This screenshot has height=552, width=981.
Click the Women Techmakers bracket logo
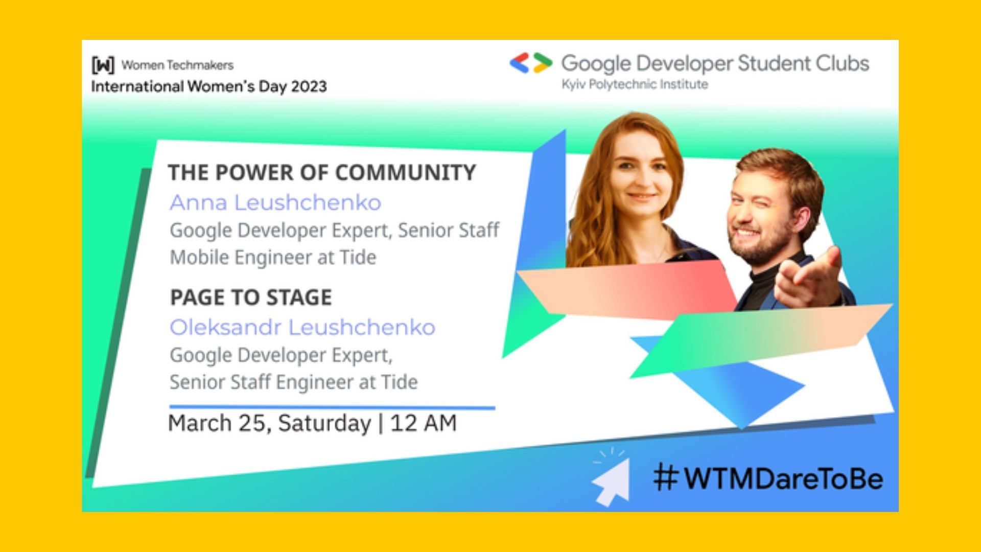[103, 65]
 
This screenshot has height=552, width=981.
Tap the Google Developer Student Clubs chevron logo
[531, 63]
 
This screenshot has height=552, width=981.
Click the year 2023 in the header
[309, 86]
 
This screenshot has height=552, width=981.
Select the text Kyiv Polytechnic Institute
[635, 84]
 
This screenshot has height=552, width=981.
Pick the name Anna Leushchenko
[275, 202]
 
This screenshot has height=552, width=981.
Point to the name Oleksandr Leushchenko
[302, 327]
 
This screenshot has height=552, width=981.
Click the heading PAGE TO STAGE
[251, 297]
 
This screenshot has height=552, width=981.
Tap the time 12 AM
[423, 423]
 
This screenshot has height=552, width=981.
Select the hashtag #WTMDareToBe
[768, 478]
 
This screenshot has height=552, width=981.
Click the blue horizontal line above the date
[332, 407]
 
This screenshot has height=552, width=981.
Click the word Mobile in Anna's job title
[199, 257]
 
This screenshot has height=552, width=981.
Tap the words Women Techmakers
[177, 65]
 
